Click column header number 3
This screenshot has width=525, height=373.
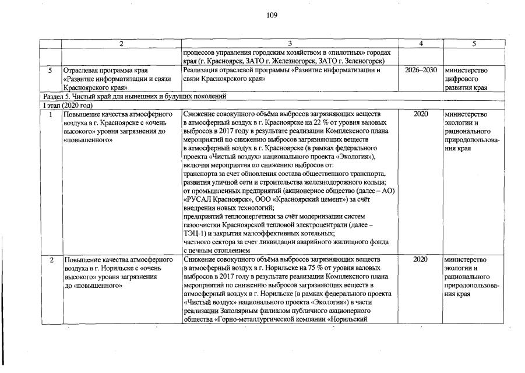(x=290, y=44)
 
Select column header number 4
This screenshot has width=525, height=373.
(x=420, y=44)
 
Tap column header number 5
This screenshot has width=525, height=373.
(x=474, y=44)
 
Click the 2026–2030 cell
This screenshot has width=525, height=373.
(x=420, y=70)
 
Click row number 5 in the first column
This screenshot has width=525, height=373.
(x=51, y=70)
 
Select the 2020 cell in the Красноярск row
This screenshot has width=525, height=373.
(x=420, y=114)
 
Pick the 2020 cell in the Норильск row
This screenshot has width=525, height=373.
(x=420, y=259)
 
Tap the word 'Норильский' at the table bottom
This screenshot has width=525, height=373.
(x=353, y=319)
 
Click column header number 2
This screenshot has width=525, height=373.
(x=121, y=44)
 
